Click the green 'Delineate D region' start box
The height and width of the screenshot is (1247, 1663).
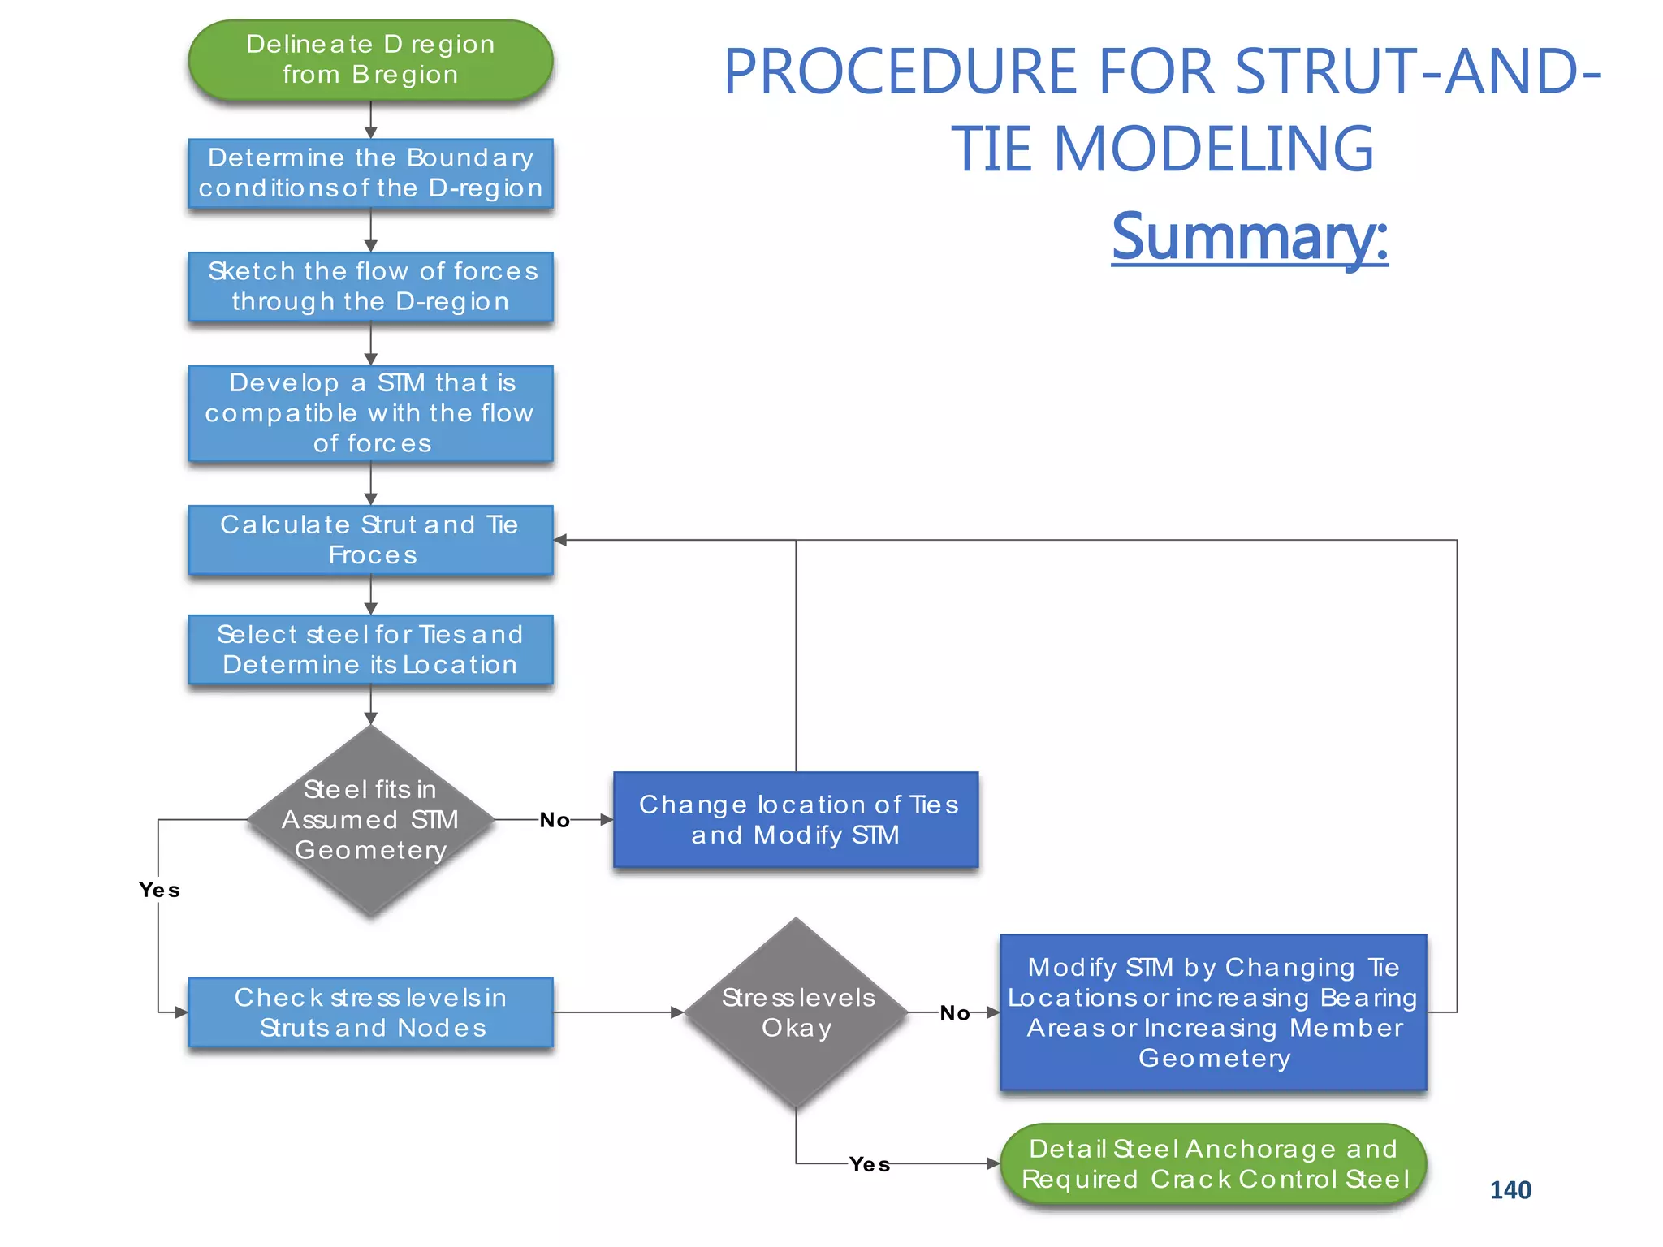click(x=370, y=60)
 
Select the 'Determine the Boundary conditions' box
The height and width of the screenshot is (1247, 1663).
click(x=370, y=173)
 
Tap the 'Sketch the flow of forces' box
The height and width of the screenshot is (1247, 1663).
click(x=370, y=287)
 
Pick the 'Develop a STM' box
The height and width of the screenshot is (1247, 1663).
click(x=370, y=413)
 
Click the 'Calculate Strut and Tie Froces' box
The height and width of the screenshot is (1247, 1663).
click(x=370, y=540)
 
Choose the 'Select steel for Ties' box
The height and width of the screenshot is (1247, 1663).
click(x=370, y=649)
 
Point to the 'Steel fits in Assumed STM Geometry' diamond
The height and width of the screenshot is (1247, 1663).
click(x=370, y=820)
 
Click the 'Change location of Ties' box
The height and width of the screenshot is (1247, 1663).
click(x=796, y=819)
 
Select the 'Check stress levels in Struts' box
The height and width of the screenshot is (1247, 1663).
click(x=370, y=1012)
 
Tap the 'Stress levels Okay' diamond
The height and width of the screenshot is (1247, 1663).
click(x=796, y=1012)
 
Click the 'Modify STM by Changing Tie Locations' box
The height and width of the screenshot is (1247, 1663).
click(x=1213, y=1012)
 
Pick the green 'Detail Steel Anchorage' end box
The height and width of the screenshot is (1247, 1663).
click(x=1213, y=1164)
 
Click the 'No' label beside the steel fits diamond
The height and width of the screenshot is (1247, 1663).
click(x=555, y=820)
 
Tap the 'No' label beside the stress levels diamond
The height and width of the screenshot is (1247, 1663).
click(x=955, y=1013)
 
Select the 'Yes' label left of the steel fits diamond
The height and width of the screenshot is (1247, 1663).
click(x=159, y=891)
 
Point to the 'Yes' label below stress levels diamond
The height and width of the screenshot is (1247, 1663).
click(x=870, y=1165)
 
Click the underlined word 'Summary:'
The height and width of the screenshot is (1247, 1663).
click(x=1250, y=236)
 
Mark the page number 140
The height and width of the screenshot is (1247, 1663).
click(x=1510, y=1190)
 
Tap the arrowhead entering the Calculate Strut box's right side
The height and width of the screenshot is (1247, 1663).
click(x=560, y=540)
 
